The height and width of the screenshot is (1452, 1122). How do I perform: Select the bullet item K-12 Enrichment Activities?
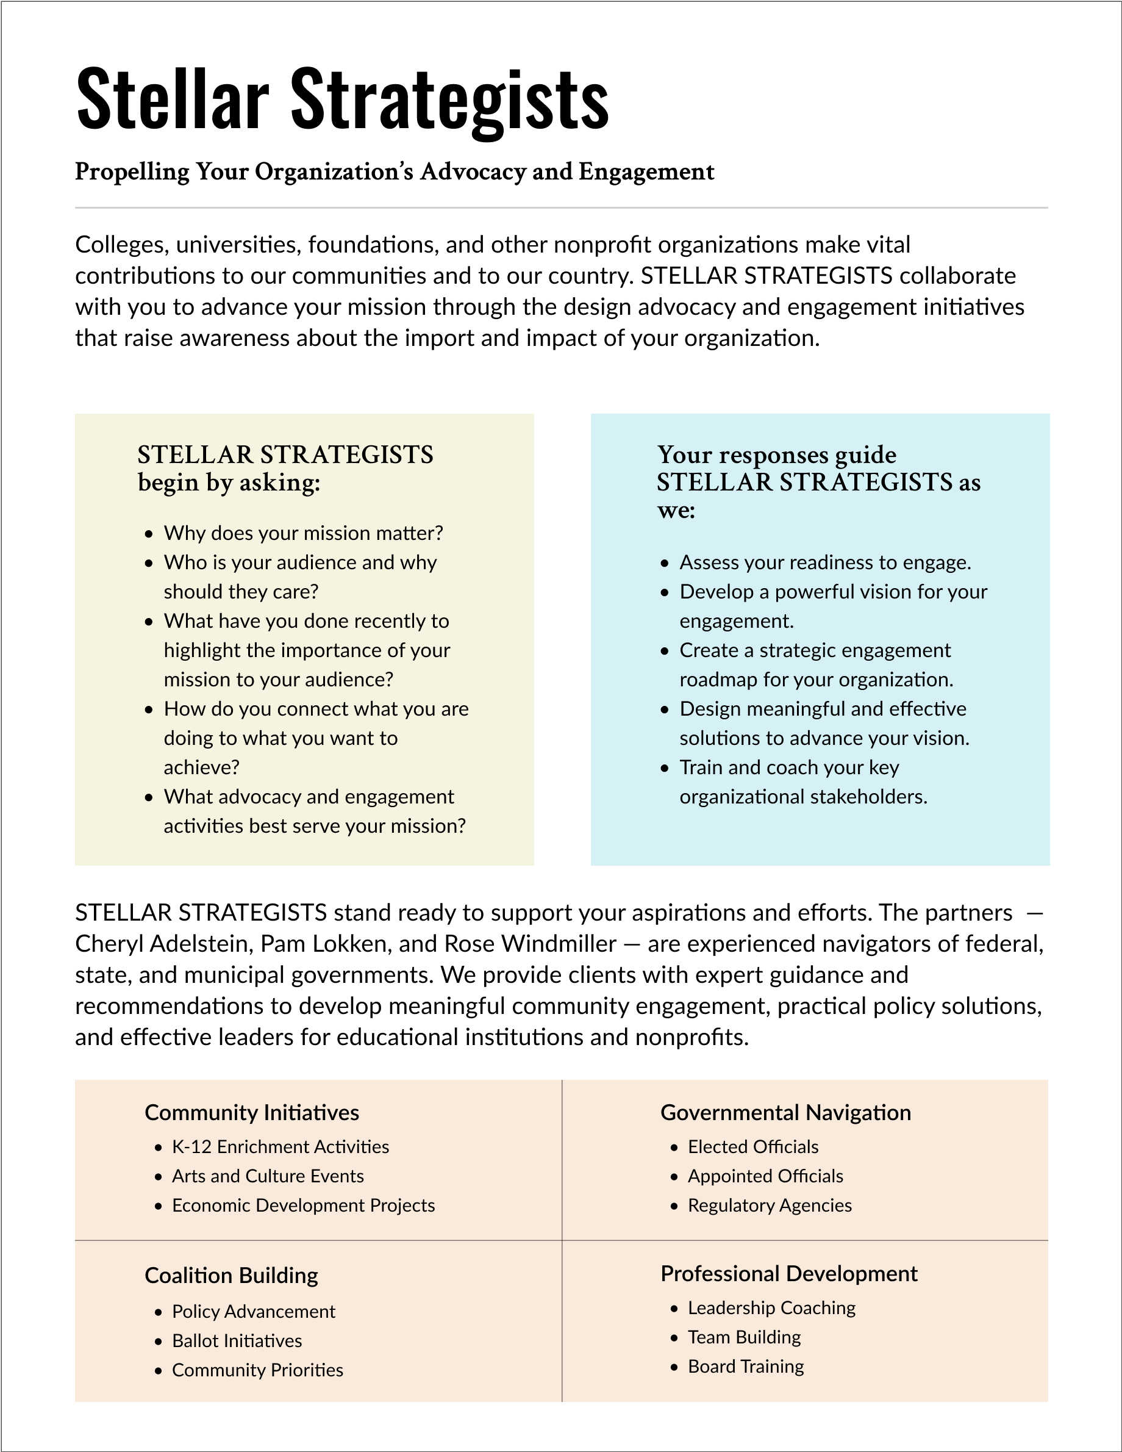(x=280, y=1147)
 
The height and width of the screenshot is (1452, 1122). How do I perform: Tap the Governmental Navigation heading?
(x=785, y=1113)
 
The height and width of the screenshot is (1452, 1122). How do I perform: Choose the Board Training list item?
(x=745, y=1366)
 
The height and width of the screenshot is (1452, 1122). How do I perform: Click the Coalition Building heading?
(x=230, y=1275)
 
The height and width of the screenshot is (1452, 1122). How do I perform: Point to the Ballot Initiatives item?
(x=237, y=1340)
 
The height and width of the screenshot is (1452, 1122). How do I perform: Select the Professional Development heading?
(x=788, y=1273)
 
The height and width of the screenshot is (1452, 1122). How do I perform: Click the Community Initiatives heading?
(x=251, y=1113)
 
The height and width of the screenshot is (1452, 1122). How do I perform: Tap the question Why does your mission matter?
(x=303, y=533)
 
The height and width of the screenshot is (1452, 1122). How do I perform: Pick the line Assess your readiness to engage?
(x=825, y=562)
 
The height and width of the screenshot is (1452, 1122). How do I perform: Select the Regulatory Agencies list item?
(x=769, y=1206)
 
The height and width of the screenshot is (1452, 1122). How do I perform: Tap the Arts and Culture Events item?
(x=267, y=1176)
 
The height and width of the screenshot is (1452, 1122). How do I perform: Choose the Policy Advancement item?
(x=253, y=1311)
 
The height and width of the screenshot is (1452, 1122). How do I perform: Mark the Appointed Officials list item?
(x=765, y=1176)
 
